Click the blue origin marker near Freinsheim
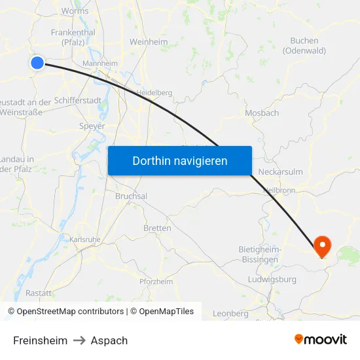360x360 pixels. click(37, 63)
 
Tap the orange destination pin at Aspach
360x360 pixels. click(323, 246)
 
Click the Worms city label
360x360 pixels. click(75, 11)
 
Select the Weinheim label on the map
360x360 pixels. click(149, 42)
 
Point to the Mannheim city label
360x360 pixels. click(99, 63)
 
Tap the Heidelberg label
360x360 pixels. click(154, 93)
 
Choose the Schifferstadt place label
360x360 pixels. click(78, 101)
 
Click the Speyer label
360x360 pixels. click(92, 126)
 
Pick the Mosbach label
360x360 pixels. click(262, 113)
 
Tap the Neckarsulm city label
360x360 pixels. click(281, 171)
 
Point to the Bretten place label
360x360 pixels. click(157, 228)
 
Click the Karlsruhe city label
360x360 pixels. click(85, 240)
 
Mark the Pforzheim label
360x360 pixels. click(156, 281)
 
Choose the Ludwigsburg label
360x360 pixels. click(272, 279)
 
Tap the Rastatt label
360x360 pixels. click(39, 293)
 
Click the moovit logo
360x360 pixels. click(321, 339)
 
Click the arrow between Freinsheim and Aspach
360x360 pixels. click(79, 340)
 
